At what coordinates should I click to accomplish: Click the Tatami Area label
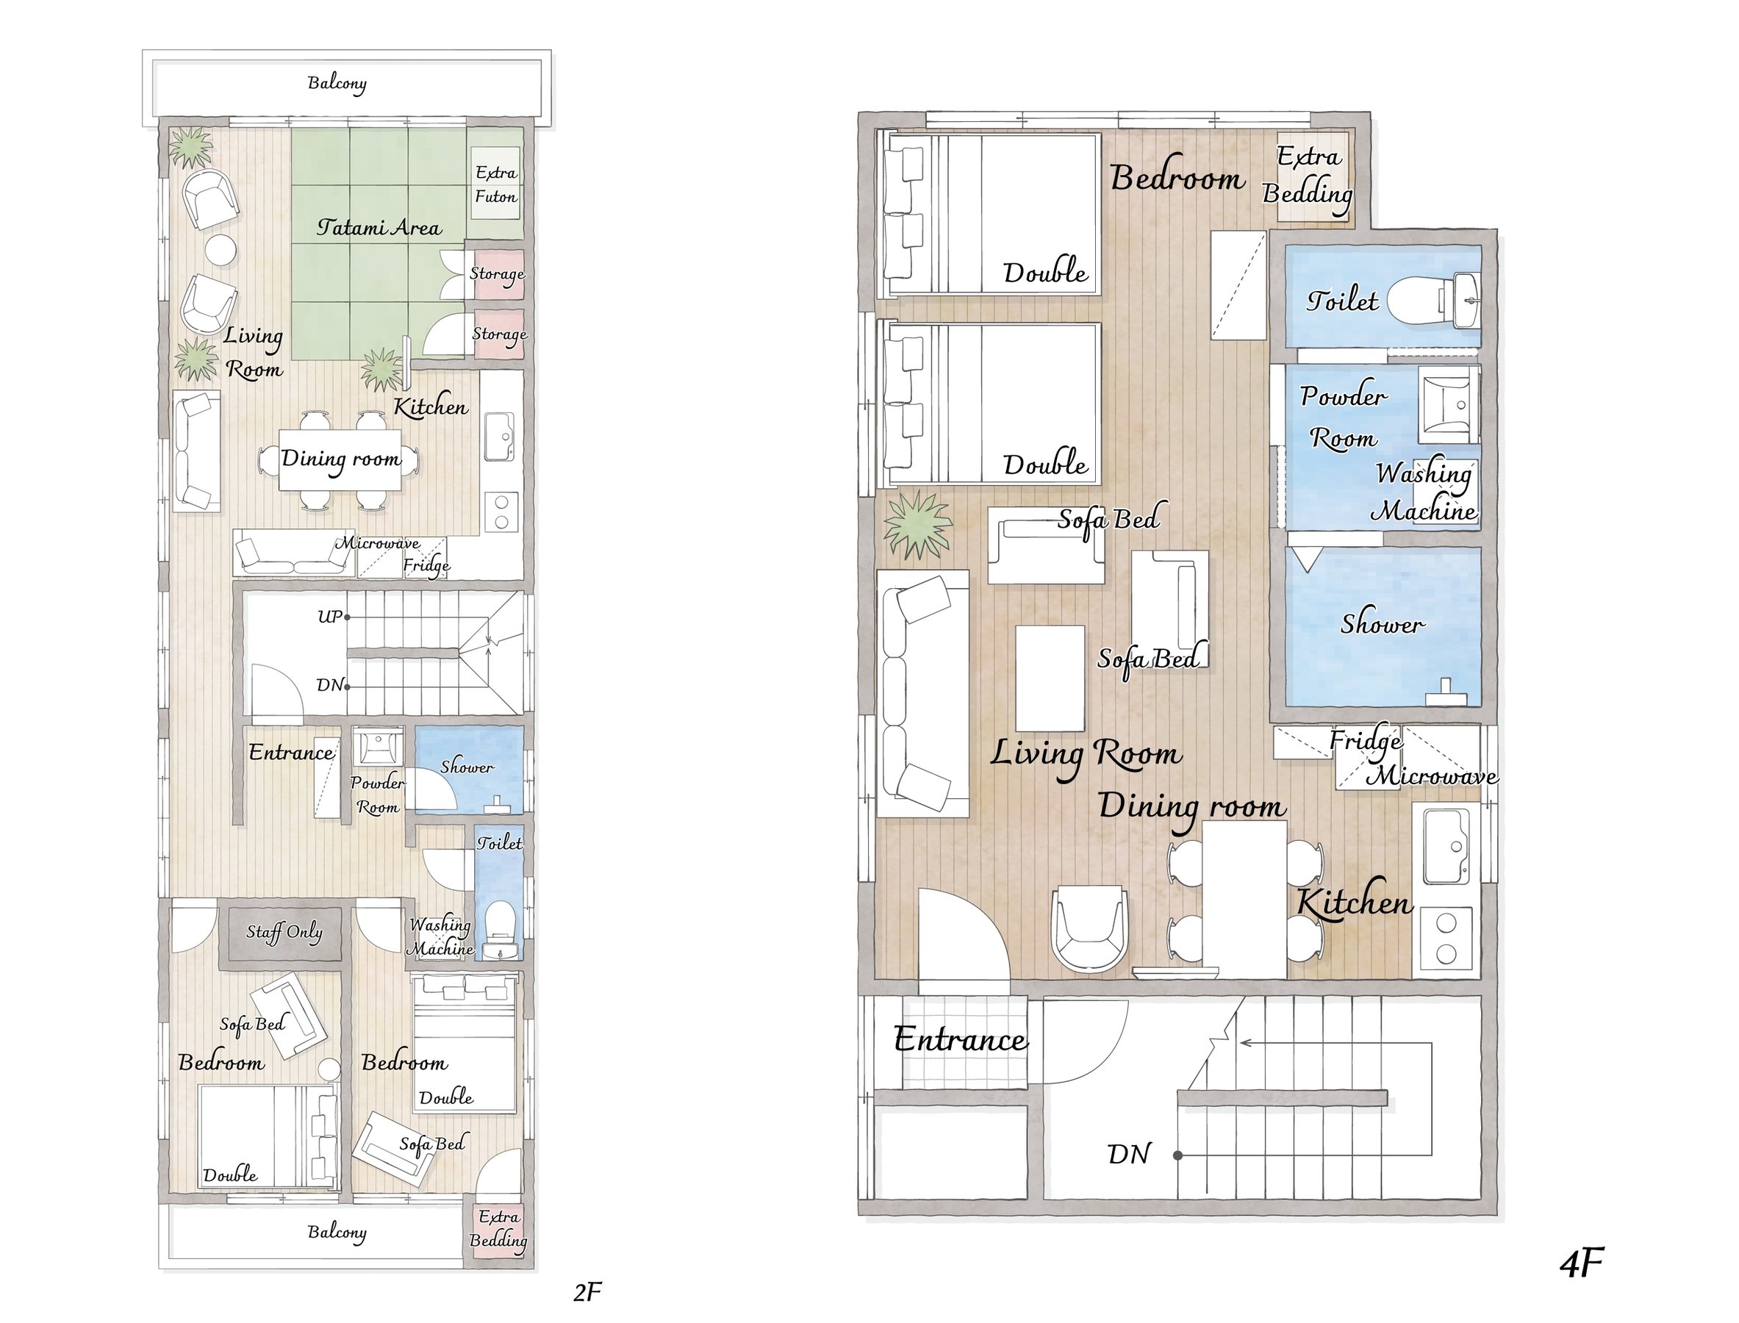379,228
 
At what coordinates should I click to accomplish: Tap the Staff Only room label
284,933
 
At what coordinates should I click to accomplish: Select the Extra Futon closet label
496,184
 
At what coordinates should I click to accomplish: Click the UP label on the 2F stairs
330,617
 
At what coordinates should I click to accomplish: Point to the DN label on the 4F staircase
1129,1155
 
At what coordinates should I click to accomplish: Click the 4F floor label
1582,1263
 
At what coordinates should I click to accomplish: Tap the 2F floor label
587,1292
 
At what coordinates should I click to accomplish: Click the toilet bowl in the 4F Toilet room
1413,301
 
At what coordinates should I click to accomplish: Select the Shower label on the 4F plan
1383,624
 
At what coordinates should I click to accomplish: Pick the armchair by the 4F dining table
1091,928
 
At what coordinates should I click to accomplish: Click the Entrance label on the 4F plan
960,1039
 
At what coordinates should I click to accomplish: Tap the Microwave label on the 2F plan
377,543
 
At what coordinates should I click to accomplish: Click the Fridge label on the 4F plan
1365,741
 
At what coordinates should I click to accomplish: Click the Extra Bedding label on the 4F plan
1308,175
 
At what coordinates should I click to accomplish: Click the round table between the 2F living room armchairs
220,251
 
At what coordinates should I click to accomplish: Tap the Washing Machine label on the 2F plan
440,936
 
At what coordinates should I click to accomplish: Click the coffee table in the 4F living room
1050,678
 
